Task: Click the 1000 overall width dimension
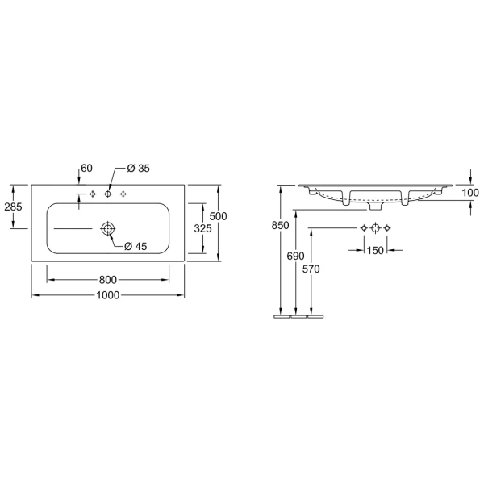click(108, 295)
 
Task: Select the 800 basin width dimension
click(108, 280)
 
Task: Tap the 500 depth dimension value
click(218, 216)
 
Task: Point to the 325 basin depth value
click(202, 228)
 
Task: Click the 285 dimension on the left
click(13, 207)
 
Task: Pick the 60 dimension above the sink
click(86, 169)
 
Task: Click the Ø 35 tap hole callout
click(138, 169)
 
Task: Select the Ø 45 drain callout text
click(136, 246)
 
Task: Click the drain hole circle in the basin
click(108, 229)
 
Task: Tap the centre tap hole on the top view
click(108, 194)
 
